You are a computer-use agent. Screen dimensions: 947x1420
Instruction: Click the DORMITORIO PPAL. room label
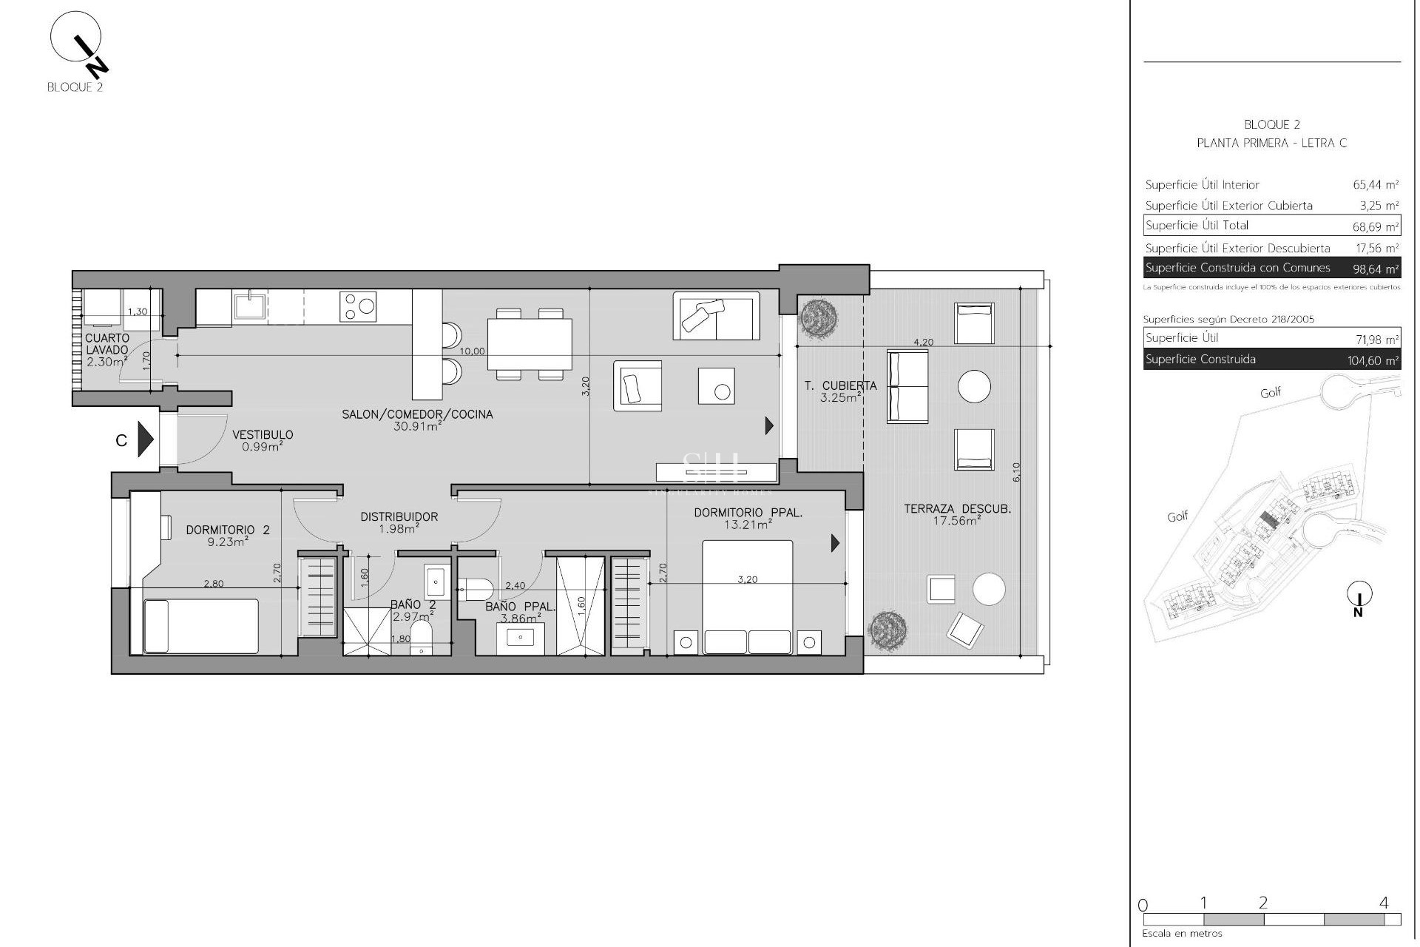[x=748, y=513]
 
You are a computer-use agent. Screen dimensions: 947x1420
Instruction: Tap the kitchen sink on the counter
[x=251, y=306]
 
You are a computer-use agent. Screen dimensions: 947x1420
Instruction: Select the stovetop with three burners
[x=358, y=306]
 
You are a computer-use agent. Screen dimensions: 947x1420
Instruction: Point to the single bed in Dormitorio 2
[x=200, y=626]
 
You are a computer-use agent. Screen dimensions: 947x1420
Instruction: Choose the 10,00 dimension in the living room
[x=472, y=351]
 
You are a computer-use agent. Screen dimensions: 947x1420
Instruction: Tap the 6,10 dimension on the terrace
[x=1016, y=472]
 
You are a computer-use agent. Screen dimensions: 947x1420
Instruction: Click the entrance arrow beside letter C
[x=146, y=440]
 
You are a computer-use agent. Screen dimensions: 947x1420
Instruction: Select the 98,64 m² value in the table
[x=1376, y=269]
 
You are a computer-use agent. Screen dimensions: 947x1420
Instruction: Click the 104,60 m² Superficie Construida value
[x=1373, y=361]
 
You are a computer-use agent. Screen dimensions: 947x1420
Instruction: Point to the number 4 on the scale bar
[x=1384, y=903]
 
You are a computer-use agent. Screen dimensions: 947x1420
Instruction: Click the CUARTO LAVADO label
[x=107, y=344]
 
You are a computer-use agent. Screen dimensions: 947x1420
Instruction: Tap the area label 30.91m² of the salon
[x=417, y=426]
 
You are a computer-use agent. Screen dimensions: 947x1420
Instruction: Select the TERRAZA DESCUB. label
[x=957, y=509]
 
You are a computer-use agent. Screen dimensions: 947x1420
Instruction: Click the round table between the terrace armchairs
[x=974, y=386]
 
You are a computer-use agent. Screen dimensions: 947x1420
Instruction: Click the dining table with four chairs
[x=530, y=344]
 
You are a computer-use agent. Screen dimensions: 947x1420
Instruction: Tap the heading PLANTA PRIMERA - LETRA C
[x=1271, y=144]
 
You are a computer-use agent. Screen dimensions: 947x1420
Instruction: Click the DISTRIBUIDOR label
[x=399, y=517]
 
